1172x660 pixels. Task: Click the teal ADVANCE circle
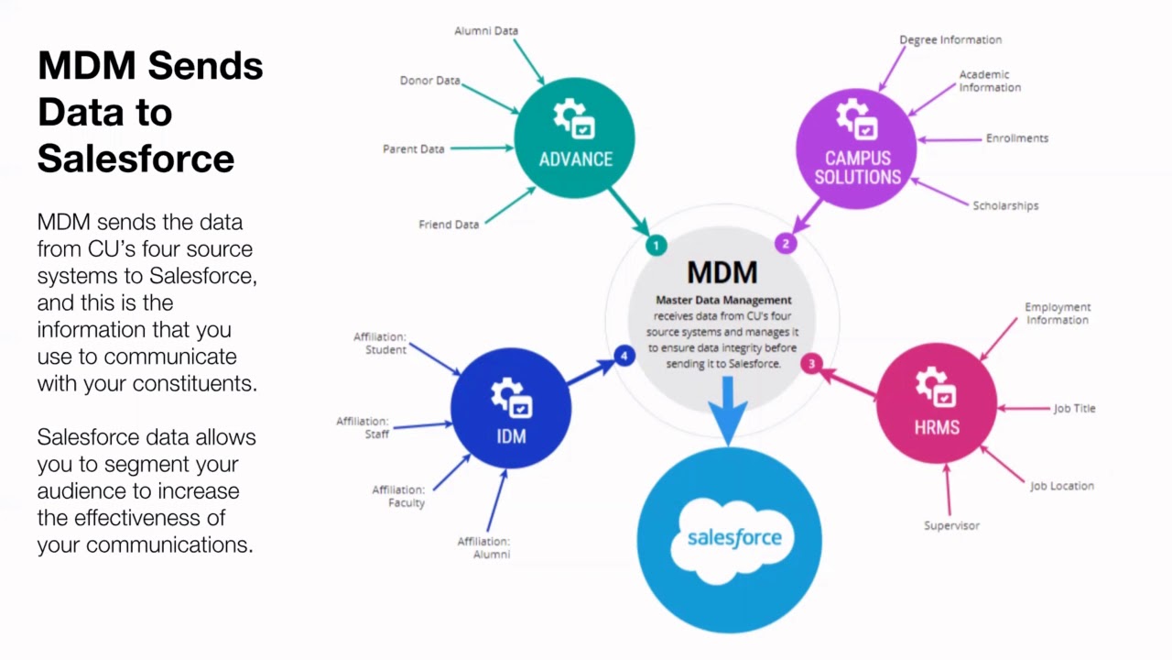click(574, 137)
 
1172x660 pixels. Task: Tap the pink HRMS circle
click(936, 403)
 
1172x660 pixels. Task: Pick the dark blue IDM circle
click(511, 409)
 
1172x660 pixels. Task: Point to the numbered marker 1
click(656, 245)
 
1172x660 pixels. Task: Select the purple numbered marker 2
click(786, 243)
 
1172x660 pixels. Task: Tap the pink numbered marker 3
click(811, 364)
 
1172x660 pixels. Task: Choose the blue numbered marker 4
click(625, 356)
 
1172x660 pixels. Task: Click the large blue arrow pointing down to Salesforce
click(729, 409)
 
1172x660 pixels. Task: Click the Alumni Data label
click(486, 31)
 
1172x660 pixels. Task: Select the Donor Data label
click(429, 81)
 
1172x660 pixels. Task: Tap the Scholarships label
click(1005, 206)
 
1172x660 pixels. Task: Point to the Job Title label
click(1074, 409)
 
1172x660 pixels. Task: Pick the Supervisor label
click(951, 526)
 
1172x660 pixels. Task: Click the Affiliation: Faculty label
click(399, 496)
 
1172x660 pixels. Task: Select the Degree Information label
click(950, 40)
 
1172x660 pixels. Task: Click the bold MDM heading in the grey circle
click(722, 272)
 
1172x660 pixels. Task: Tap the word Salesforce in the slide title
click(136, 158)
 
